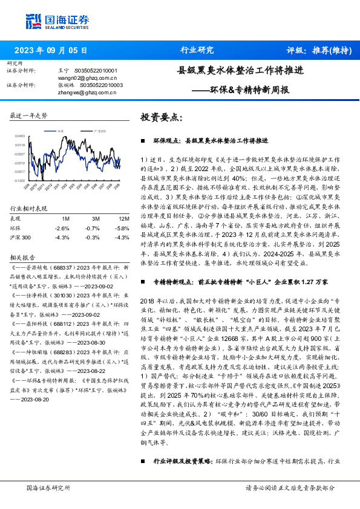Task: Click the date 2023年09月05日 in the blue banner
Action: click(x=50, y=50)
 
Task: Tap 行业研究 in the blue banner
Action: click(x=197, y=50)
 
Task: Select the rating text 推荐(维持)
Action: click(x=330, y=50)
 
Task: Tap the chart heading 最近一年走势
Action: click(x=29, y=114)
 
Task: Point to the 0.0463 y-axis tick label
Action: click(x=21, y=137)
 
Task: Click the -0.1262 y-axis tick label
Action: click(x=21, y=180)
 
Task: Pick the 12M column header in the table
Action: click(x=123, y=218)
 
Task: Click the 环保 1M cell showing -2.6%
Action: click(x=62, y=228)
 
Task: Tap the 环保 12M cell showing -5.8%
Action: click(x=122, y=228)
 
